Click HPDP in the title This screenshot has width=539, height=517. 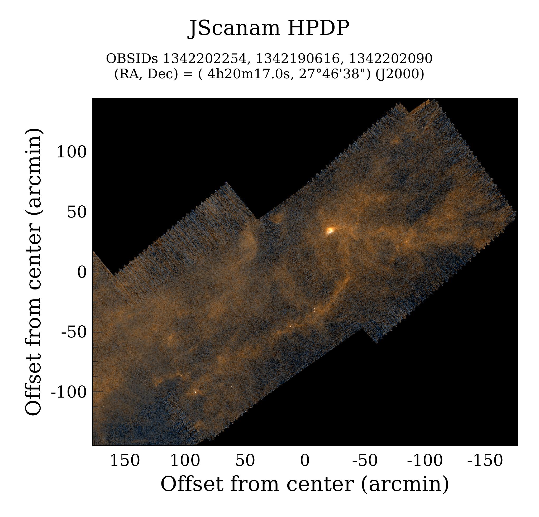tap(318, 28)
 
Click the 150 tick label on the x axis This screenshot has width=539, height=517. tap(125, 460)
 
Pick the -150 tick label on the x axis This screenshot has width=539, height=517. tap(485, 460)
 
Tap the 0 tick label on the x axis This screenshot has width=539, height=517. tap(305, 460)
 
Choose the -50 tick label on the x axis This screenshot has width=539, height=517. tap(365, 460)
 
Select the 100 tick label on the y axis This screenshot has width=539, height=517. tap(71, 152)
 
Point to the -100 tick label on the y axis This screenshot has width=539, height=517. tap(69, 392)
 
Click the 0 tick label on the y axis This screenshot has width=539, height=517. tap(82, 272)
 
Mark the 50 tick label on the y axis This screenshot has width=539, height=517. tap(77, 212)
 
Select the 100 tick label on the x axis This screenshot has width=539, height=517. tap(185, 460)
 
